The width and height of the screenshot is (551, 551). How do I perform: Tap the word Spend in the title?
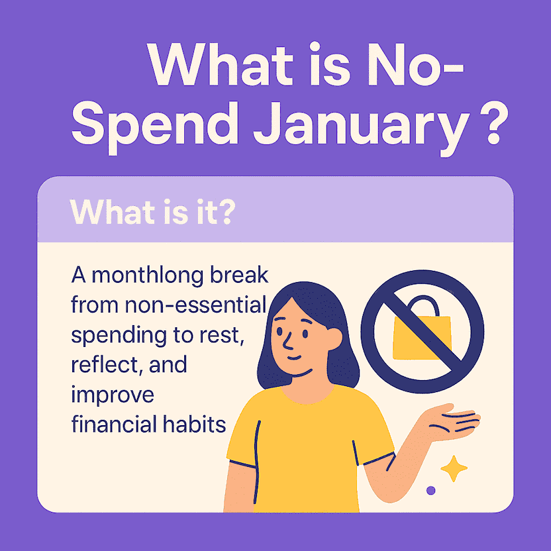click(155, 127)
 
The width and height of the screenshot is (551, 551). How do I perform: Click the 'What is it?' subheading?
click(152, 212)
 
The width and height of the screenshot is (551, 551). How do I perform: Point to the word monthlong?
click(148, 277)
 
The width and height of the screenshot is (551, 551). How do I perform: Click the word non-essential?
click(195, 305)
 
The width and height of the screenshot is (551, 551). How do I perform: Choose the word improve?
click(113, 395)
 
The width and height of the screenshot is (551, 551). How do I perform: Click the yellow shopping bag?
click(422, 337)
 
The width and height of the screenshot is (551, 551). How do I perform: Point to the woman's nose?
click(288, 342)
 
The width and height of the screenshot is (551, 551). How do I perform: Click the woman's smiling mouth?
click(295, 358)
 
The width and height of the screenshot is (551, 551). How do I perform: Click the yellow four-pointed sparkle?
click(454, 468)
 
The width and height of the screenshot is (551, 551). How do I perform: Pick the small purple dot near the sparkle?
click(430, 490)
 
